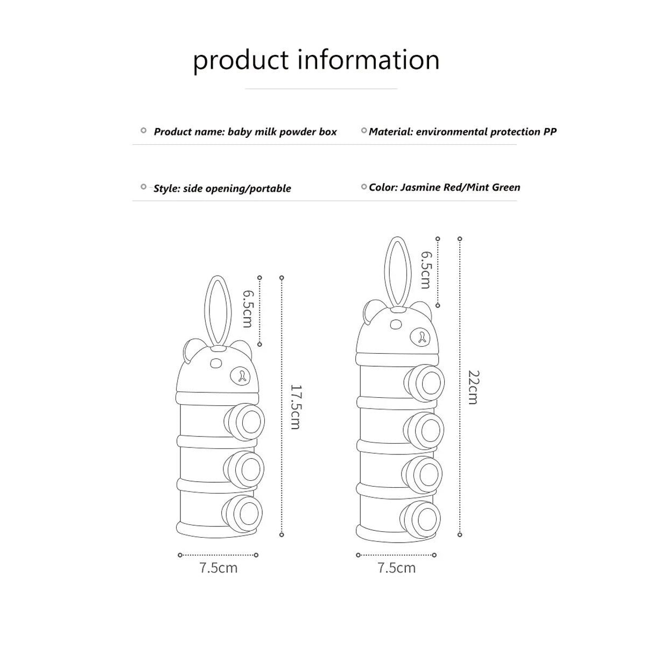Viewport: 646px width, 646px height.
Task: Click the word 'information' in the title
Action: point(369,59)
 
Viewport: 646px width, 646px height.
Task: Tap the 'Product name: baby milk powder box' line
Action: point(245,132)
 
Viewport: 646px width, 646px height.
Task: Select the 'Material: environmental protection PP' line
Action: point(462,131)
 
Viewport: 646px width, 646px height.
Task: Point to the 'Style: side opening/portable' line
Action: point(222,188)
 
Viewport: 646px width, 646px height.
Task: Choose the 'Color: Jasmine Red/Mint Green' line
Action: point(444,187)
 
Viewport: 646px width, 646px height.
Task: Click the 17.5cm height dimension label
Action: point(295,406)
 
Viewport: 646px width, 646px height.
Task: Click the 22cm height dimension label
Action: point(473,387)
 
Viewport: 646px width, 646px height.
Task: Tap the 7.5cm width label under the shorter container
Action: point(218,568)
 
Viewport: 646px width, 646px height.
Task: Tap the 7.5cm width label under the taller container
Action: point(397,568)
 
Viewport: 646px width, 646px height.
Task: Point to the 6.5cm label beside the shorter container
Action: point(247,308)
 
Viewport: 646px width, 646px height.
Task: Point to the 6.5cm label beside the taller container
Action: point(425,270)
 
